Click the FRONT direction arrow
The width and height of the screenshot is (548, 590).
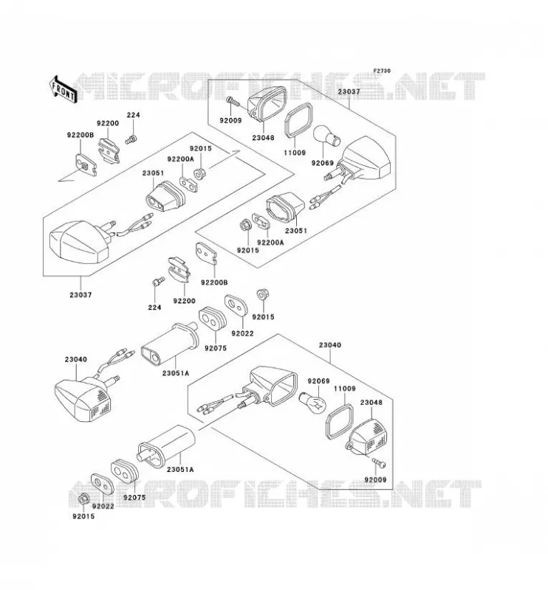[63, 89]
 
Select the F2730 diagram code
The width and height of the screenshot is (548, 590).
[382, 71]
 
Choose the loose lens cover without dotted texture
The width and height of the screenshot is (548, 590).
[266, 101]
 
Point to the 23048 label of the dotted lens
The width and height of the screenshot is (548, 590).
[371, 402]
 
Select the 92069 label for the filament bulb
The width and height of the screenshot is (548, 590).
[318, 381]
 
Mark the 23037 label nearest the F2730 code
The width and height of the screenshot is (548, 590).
[349, 91]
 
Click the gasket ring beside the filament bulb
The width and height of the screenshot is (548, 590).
[339, 421]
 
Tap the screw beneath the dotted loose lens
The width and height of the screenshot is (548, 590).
[379, 463]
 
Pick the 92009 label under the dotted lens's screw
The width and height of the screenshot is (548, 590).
[375, 480]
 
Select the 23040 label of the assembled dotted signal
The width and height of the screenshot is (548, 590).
[76, 359]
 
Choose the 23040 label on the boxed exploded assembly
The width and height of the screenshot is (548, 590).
[330, 345]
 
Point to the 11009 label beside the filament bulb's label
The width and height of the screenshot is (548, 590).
[344, 389]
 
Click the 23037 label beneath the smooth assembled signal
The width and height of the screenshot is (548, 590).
[81, 295]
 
